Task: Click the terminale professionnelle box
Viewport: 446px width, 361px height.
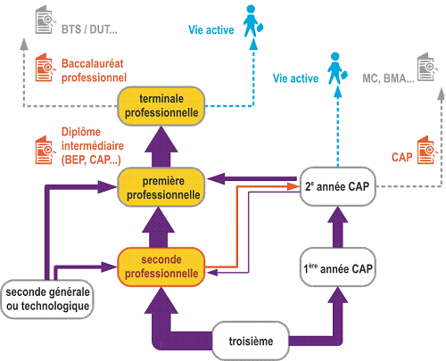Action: tap(161, 106)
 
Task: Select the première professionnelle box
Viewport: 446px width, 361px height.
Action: tap(161, 187)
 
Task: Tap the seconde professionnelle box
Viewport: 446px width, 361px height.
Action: tap(161, 267)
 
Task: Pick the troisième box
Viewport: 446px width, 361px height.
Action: tap(251, 340)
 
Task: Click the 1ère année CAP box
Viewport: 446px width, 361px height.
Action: tap(338, 267)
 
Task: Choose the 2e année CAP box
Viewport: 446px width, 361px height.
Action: tap(338, 186)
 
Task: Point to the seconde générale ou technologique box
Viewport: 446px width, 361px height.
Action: tap(47, 299)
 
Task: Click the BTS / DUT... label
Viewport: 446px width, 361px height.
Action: tap(89, 29)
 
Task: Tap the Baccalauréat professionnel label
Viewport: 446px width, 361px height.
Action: tap(94, 70)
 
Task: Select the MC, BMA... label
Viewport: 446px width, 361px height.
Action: tap(388, 78)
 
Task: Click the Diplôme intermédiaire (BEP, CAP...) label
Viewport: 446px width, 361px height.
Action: tap(93, 146)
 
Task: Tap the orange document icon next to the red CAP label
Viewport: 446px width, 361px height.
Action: tap(427, 150)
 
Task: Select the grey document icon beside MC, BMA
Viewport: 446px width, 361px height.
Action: tap(427, 67)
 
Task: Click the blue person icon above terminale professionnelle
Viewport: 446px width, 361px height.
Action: tap(252, 21)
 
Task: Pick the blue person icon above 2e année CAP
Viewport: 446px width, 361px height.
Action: tap(336, 69)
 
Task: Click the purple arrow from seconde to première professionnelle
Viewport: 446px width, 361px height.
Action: tap(159, 227)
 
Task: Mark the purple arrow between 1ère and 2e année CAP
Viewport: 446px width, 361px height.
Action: tap(338, 227)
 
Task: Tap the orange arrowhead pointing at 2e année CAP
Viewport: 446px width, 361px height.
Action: tap(293, 186)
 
